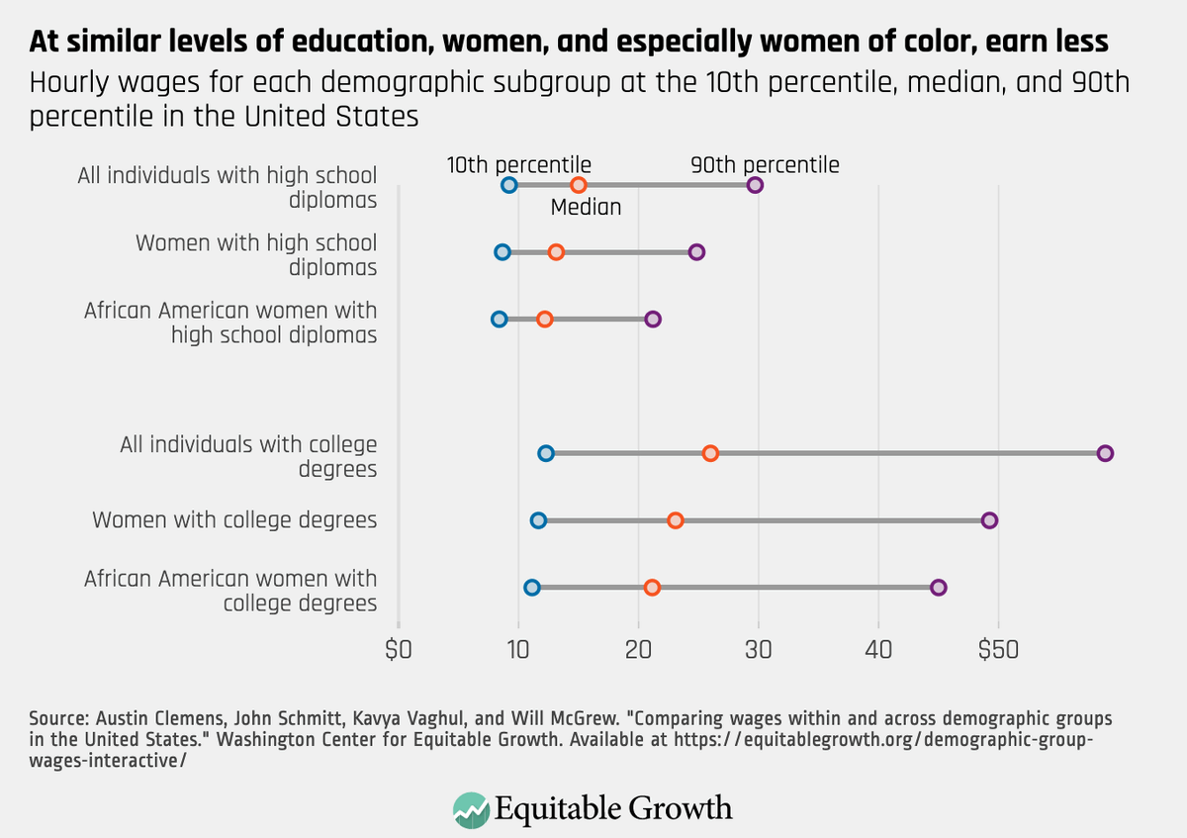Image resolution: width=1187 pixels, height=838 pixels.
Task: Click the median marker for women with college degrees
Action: [x=675, y=520]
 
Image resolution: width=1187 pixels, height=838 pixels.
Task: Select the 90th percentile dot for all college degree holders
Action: [x=1106, y=453]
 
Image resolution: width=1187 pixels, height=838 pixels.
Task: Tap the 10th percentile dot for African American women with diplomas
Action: [x=499, y=319]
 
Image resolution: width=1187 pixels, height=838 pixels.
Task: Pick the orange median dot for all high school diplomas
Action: [x=579, y=185]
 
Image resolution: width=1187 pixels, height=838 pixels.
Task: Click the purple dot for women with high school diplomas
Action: [x=696, y=252]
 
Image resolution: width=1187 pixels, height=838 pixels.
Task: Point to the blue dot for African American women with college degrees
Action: [x=532, y=588]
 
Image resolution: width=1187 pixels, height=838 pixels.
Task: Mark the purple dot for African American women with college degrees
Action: [x=939, y=588]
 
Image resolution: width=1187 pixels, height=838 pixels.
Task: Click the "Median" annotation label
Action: [x=586, y=208]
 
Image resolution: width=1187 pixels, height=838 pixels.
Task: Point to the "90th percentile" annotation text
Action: [x=765, y=165]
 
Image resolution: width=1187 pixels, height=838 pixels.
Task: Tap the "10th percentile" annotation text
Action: [x=518, y=165]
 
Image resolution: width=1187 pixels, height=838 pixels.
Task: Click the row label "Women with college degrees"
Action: [x=234, y=519]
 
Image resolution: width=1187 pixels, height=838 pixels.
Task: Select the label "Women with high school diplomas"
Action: [x=256, y=254]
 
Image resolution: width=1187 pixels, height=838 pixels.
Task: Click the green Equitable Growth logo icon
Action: [x=471, y=808]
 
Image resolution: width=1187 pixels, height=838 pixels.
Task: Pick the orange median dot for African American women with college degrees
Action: [x=652, y=588]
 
